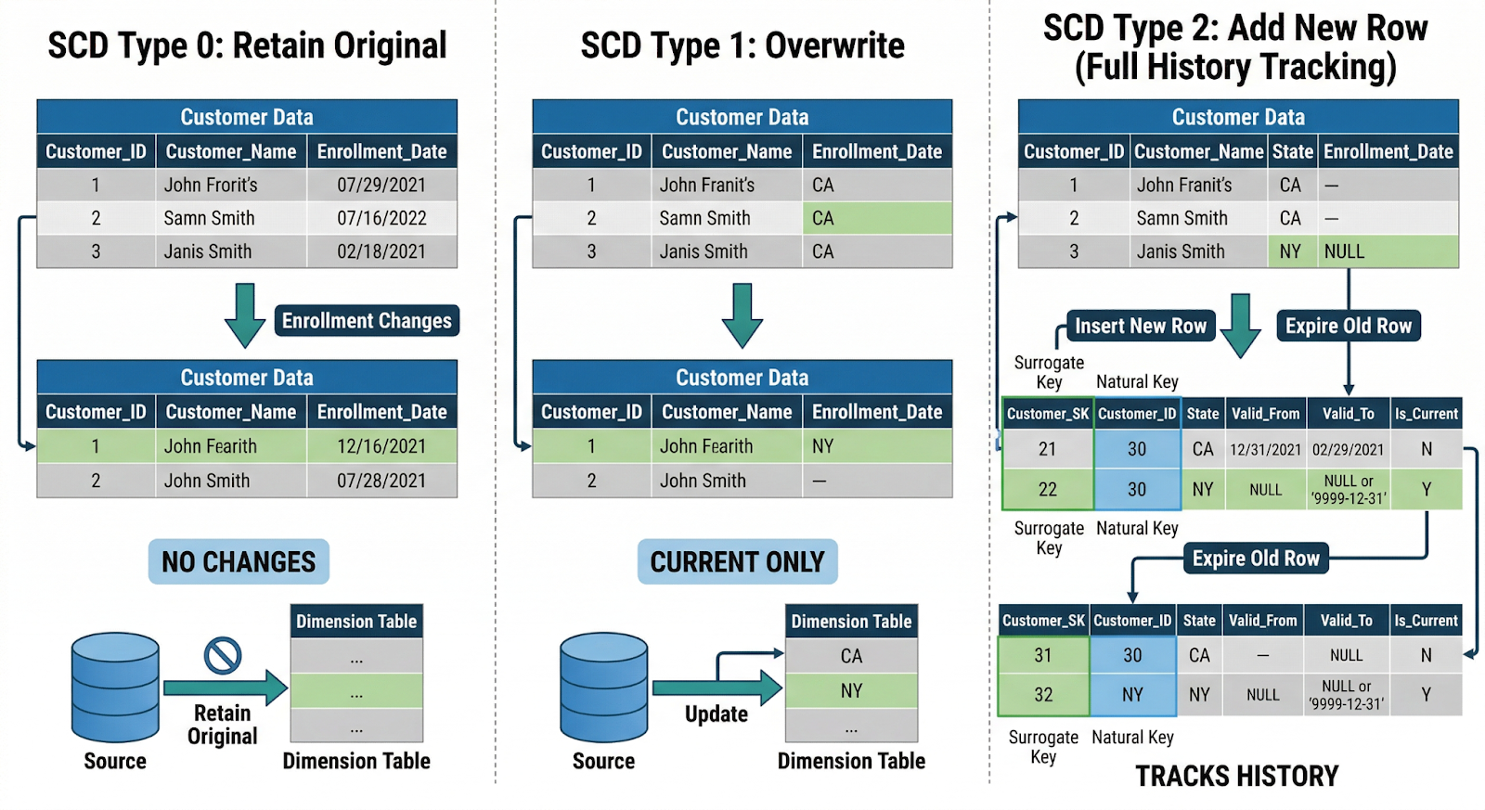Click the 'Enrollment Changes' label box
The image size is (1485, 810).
[367, 321]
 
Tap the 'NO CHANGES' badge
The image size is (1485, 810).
[239, 562]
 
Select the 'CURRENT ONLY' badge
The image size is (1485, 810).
[737, 562]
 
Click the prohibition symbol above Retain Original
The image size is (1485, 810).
[223, 656]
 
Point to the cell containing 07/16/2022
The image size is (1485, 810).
[381, 219]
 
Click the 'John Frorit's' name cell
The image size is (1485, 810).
[230, 186]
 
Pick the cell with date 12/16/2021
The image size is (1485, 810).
[381, 447]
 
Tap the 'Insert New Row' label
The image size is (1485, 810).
[1140, 327]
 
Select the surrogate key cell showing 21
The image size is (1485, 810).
[1048, 449]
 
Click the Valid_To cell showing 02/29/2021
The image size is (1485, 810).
[1348, 450]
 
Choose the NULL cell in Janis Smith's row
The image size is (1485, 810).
[1387, 252]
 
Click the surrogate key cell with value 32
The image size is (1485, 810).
[1043, 695]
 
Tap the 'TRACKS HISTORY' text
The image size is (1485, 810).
[1237, 777]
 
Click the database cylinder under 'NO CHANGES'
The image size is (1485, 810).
[115, 688]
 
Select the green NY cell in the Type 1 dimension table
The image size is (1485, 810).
[851, 691]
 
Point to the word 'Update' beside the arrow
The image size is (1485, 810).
[716, 714]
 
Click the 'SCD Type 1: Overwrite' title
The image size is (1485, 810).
[742, 45]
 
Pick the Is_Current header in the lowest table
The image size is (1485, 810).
[1426, 621]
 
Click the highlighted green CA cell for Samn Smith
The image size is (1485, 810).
[876, 219]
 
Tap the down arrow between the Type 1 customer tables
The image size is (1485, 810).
[742, 315]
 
